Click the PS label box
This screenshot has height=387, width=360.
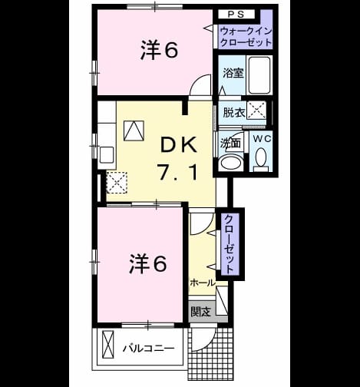tap(236, 15)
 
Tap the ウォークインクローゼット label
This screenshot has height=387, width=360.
tap(245, 37)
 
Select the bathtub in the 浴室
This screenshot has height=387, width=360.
tap(259, 75)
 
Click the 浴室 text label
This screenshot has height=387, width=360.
tap(233, 73)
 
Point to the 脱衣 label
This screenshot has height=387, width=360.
tap(234, 112)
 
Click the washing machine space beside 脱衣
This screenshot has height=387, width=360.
tap(256, 111)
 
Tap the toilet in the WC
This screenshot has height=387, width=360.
tap(261, 160)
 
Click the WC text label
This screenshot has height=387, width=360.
tap(263, 139)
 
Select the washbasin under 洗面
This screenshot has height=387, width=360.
tap(231, 163)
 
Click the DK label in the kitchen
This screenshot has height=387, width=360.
tap(179, 145)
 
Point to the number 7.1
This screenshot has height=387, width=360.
tap(178, 172)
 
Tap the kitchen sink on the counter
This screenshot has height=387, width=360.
tap(107, 154)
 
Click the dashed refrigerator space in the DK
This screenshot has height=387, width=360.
tap(117, 182)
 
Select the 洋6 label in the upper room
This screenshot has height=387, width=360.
tap(159, 50)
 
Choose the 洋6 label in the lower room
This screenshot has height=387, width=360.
tap(147, 263)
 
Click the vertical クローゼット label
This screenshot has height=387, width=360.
tap(230, 243)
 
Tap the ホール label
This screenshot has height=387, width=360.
tap(203, 283)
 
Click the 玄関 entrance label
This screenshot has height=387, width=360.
tap(201, 312)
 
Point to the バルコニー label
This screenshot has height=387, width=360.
tap(148, 349)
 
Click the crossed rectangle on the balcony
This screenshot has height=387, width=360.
tap(107, 345)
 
